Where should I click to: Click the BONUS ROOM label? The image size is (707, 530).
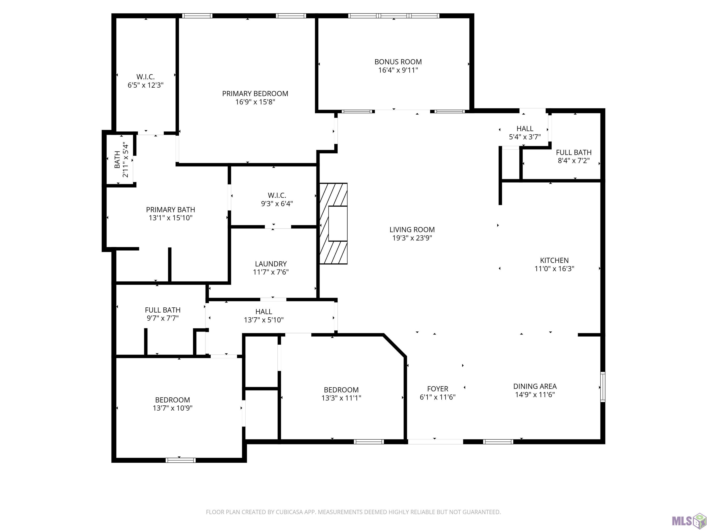(x=398, y=62)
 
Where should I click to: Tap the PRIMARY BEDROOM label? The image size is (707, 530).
(x=255, y=94)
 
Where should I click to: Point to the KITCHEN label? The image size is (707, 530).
(x=554, y=260)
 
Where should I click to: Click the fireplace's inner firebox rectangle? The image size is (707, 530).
(x=338, y=224)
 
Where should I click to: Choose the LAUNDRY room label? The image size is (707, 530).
(x=271, y=264)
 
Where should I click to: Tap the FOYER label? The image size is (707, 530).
(x=438, y=389)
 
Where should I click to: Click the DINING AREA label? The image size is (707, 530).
(x=535, y=386)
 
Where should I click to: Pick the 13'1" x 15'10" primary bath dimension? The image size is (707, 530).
(x=170, y=218)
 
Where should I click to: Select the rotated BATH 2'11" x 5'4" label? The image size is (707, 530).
(x=121, y=159)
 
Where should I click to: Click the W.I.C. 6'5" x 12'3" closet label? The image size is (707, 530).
(x=145, y=81)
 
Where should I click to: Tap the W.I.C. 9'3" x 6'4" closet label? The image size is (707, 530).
(x=277, y=199)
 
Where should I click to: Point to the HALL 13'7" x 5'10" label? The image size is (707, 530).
(x=264, y=316)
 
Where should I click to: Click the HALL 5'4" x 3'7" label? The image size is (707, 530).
(x=525, y=133)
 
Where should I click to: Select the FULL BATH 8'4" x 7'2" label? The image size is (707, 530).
(x=574, y=157)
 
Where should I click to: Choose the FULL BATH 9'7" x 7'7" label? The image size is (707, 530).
(x=163, y=314)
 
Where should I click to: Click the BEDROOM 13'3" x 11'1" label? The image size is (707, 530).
(x=341, y=394)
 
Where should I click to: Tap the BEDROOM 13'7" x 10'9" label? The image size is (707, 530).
(x=173, y=404)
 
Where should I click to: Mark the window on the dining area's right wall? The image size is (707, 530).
(x=603, y=387)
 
